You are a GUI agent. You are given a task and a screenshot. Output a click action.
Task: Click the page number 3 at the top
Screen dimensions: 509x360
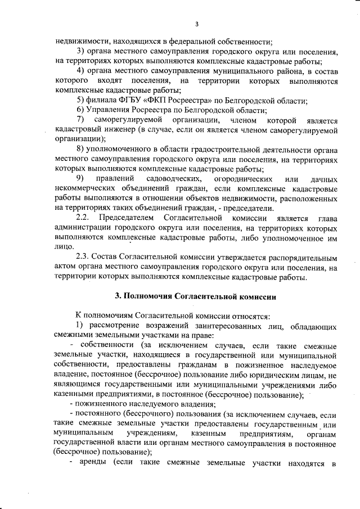point(196,24)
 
